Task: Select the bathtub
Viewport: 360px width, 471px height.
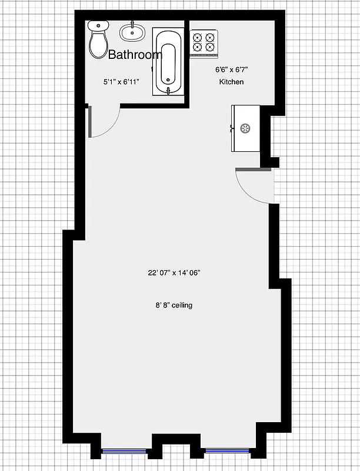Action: (169, 61)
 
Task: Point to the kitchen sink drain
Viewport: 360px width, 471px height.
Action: (244, 128)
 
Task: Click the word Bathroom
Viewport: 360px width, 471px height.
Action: (135, 55)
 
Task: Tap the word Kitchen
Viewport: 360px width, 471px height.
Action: (232, 82)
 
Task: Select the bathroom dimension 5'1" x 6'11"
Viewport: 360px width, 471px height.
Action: (121, 82)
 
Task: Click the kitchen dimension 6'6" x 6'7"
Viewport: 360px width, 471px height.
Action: (232, 69)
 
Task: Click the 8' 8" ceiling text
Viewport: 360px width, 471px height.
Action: (174, 305)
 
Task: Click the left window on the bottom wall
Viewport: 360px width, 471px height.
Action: (124, 451)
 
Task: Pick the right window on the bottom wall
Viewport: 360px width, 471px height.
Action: (227, 451)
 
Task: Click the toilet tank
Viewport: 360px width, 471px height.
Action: (99, 25)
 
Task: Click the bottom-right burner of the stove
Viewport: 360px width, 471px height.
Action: (211, 47)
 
